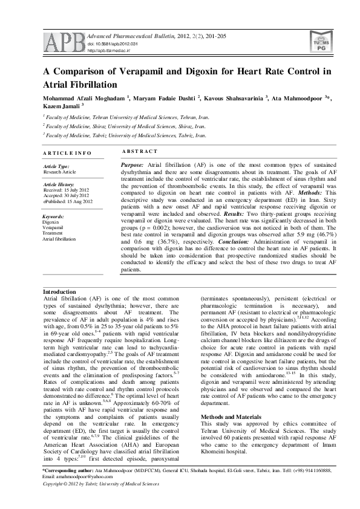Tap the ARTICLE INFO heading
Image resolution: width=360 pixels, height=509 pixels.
pos(67,154)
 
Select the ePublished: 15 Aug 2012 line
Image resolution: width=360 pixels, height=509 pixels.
pos(68,201)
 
